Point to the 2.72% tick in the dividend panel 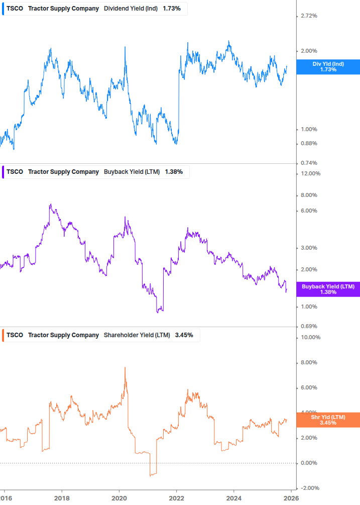pos(308,16)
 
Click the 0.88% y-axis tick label pos(308,143)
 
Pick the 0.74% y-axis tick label pos(308,163)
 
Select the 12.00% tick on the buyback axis pos(310,174)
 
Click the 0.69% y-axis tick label pos(308,327)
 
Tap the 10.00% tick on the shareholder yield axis pos(310,337)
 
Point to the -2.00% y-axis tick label pos(309,488)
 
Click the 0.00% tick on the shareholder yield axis pos(308,463)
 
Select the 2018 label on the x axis pos(62,498)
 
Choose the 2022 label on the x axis pos(176,498)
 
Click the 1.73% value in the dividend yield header pos(172,9)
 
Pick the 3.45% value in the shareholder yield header pos(184,335)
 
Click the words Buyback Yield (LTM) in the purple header pos(132,172)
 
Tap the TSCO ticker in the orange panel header pos(15,335)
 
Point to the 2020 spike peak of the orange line pos(125,368)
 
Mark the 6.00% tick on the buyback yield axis pos(308,211)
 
